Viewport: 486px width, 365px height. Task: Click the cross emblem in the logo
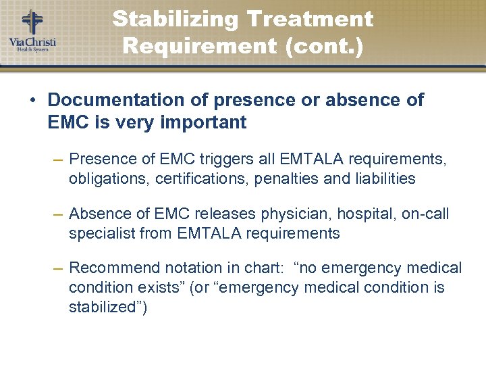(x=32, y=22)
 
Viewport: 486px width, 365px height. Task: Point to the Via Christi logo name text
(x=32, y=43)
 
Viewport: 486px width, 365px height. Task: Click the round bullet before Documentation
(x=33, y=101)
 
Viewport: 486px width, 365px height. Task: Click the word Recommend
(x=111, y=268)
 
